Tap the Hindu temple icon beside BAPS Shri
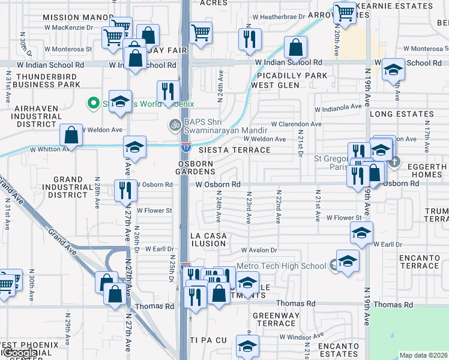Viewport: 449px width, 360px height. click(175, 125)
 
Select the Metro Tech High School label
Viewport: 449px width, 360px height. click(282, 266)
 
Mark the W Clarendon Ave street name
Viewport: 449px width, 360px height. click(296, 124)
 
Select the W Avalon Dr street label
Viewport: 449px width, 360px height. click(259, 250)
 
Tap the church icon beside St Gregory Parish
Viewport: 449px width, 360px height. click(394, 161)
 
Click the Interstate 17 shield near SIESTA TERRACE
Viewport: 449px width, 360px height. click(187, 145)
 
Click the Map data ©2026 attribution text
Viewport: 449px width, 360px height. click(424, 355)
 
